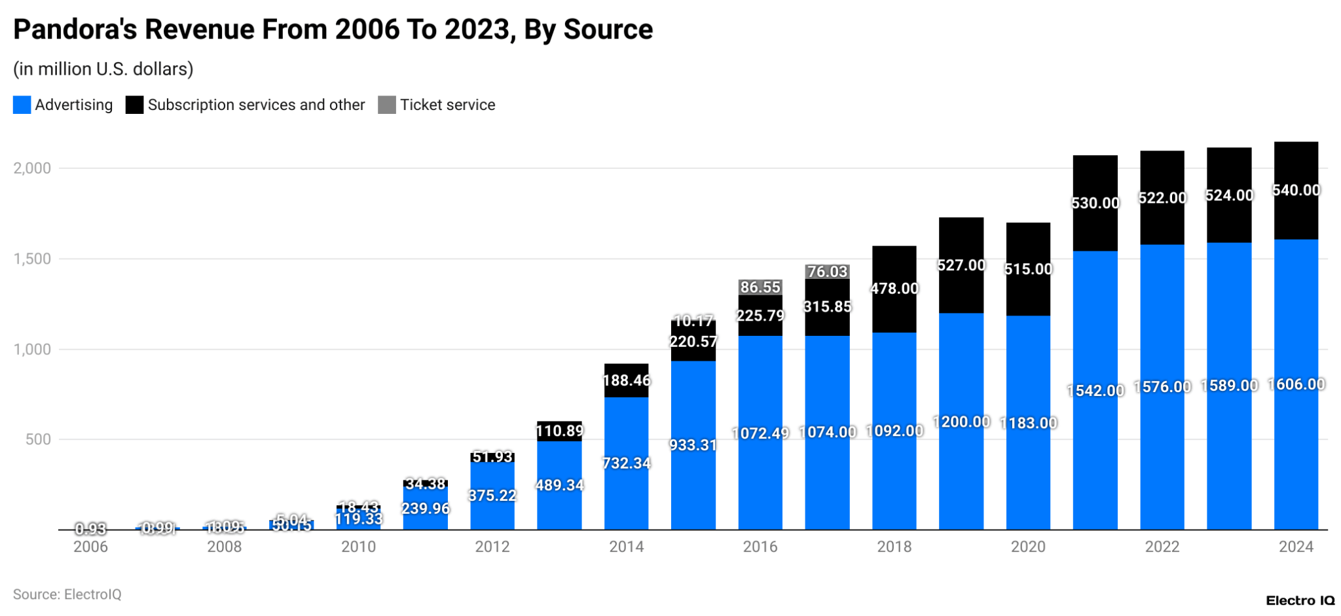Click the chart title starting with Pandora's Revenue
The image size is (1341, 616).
[x=333, y=29]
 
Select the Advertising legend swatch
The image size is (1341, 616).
[x=22, y=105]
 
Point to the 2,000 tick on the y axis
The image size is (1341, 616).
[x=32, y=168]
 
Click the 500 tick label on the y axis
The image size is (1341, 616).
[x=38, y=439]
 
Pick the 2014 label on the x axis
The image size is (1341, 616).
[x=626, y=547]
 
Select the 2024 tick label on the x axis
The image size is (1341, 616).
[x=1296, y=547]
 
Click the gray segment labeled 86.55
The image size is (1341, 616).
[x=760, y=287]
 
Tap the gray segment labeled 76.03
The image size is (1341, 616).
[x=827, y=271]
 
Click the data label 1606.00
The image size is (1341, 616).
[x=1296, y=384]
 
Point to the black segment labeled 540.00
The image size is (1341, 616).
[x=1296, y=190]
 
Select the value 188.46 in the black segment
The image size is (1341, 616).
[x=626, y=380]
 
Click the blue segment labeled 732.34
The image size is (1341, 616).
[x=626, y=463]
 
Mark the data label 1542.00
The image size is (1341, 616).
[x=1095, y=391]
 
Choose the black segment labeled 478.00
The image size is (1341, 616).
[x=894, y=289]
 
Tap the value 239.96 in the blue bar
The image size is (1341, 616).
[x=426, y=509]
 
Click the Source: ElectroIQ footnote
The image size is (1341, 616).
[x=67, y=594]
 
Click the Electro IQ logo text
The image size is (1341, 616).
[x=1300, y=600]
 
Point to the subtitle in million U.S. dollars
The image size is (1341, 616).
[x=103, y=69]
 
